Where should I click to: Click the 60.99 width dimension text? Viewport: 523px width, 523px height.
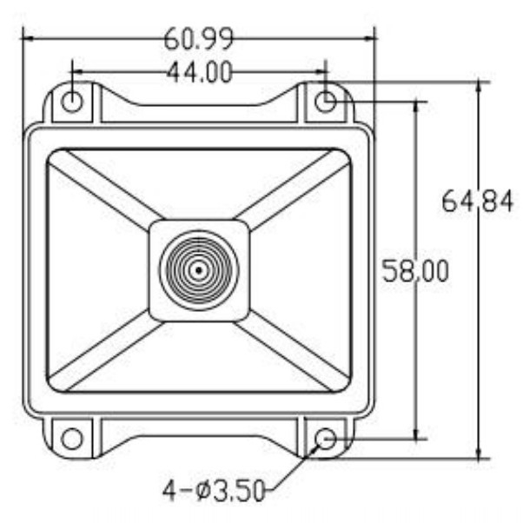click(x=199, y=39)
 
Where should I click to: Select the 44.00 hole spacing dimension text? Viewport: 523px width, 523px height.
click(x=199, y=73)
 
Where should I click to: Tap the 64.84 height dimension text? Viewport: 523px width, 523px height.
click(x=477, y=201)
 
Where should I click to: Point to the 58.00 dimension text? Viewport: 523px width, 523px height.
click(x=415, y=271)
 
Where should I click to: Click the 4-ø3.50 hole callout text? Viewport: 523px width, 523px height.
click(x=214, y=490)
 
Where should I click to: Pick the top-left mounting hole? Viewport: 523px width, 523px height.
click(x=72, y=101)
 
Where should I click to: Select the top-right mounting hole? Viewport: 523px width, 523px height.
click(x=326, y=101)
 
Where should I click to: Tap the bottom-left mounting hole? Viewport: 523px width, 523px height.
click(x=72, y=438)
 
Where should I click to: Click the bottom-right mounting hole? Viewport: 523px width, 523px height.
click(x=326, y=438)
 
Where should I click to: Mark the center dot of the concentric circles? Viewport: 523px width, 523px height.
click(x=199, y=270)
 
